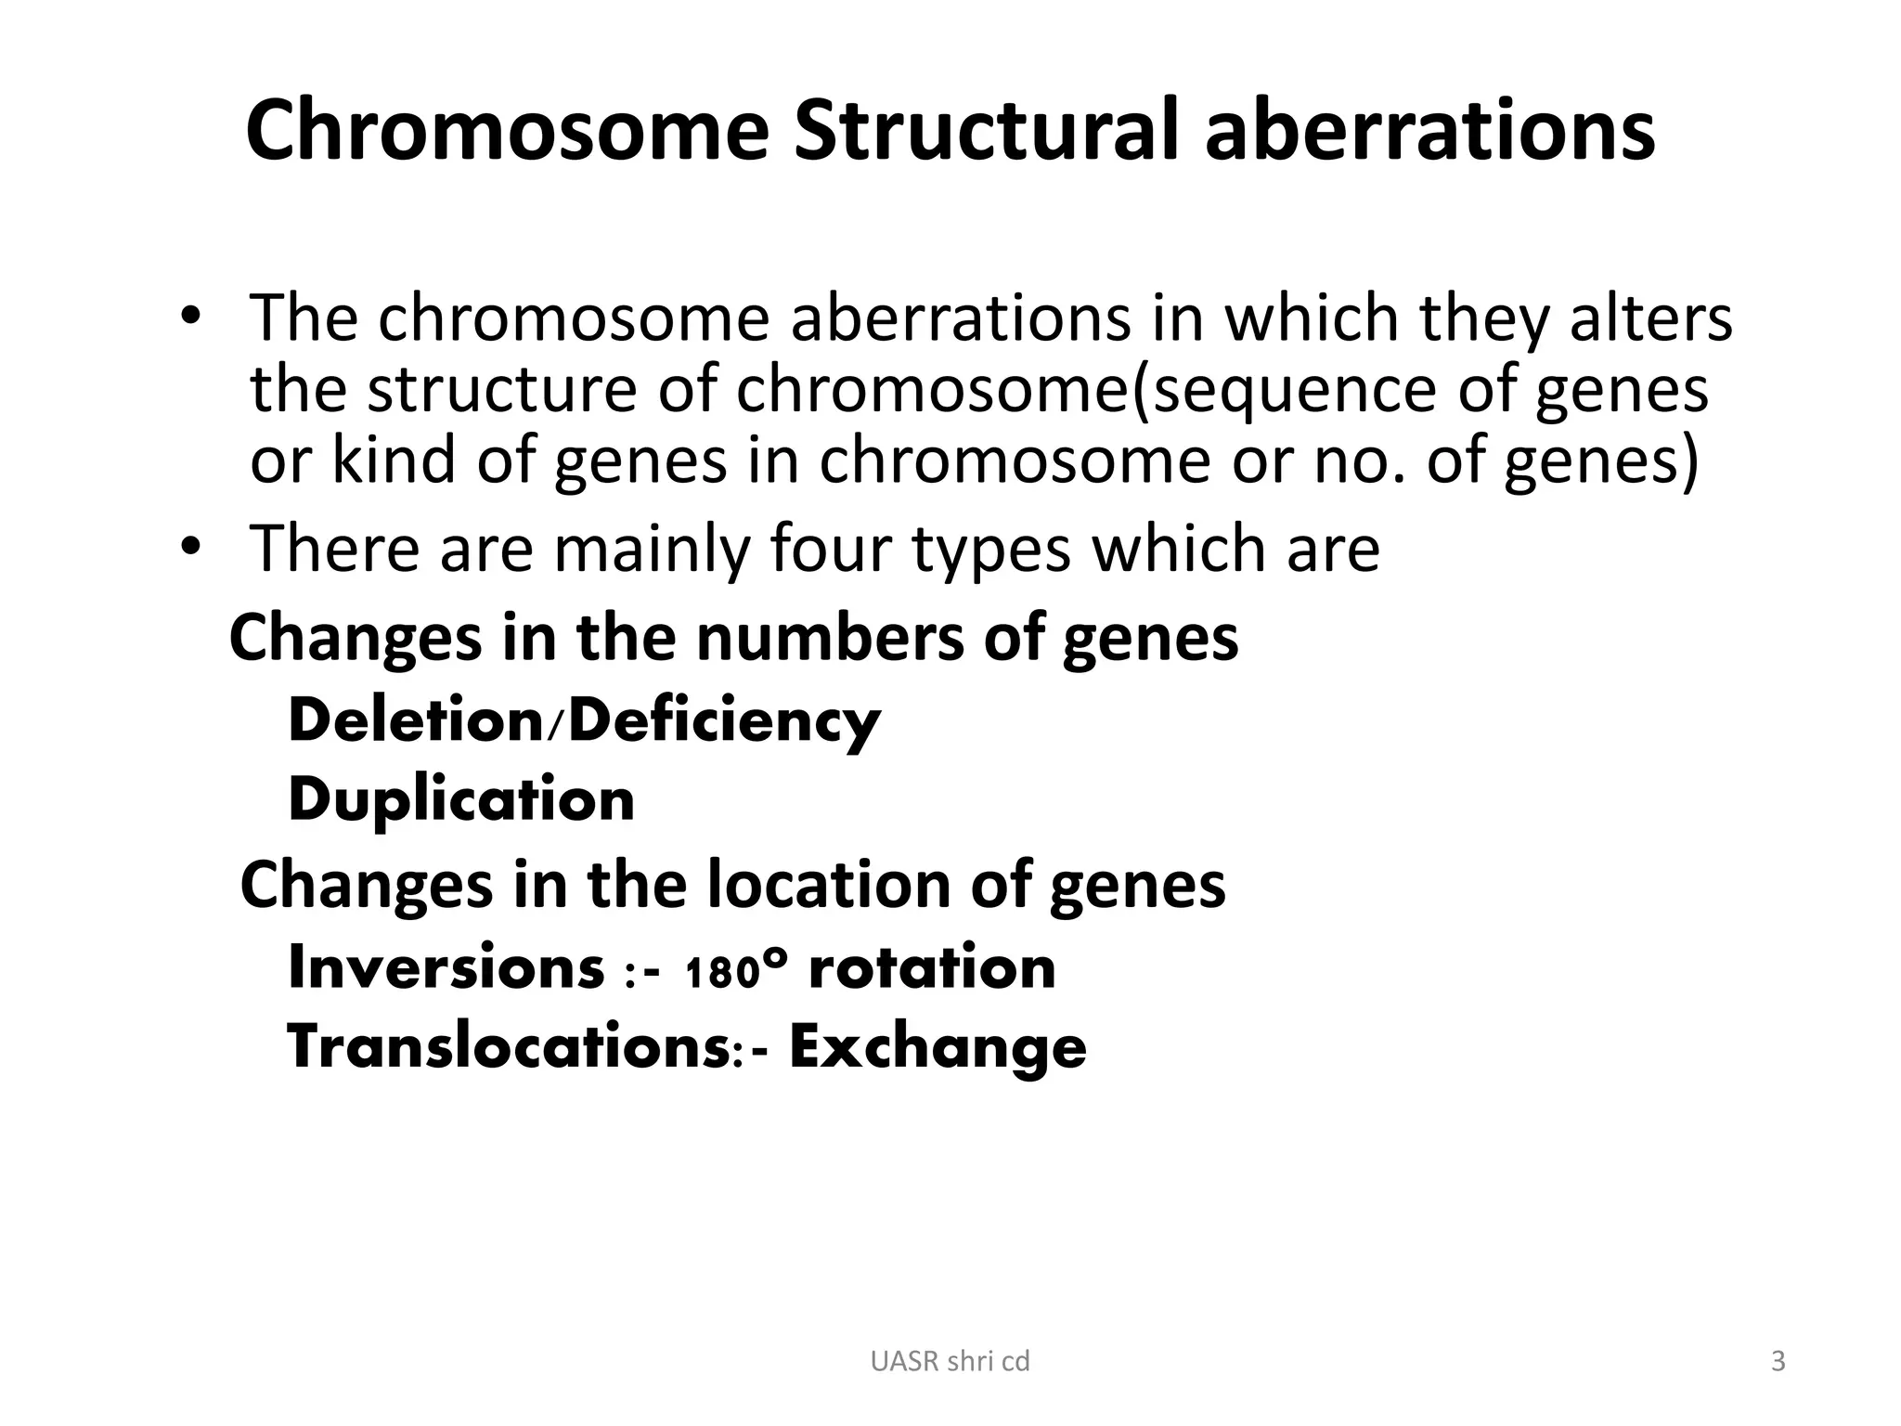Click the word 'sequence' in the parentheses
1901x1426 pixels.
pyautogui.click(x=1290, y=390)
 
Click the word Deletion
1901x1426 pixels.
pyautogui.click(x=416, y=721)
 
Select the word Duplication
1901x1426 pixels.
pyautogui.click(x=461, y=800)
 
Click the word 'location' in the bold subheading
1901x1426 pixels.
pyautogui.click(x=829, y=884)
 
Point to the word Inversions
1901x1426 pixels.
pyautogui.click(x=446, y=967)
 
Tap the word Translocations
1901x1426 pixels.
pyautogui.click(x=513, y=1047)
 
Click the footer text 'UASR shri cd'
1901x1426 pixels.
pyautogui.click(x=950, y=1361)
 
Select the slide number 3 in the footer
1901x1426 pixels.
pyautogui.click(x=1778, y=1361)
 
